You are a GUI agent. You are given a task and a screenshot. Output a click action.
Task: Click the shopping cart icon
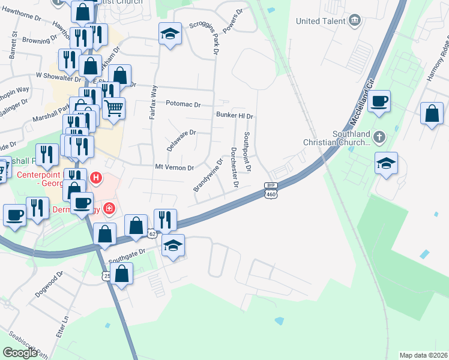click(x=113, y=109)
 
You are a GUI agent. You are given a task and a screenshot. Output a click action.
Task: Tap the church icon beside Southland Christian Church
click(x=379, y=138)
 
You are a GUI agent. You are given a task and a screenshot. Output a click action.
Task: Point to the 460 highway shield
click(x=270, y=193)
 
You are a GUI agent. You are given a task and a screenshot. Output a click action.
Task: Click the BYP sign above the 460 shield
click(x=270, y=185)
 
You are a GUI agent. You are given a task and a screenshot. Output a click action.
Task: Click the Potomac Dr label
click(x=183, y=104)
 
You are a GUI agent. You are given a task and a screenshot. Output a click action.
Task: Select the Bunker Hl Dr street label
click(x=235, y=116)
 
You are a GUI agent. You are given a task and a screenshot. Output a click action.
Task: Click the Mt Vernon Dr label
click(x=174, y=167)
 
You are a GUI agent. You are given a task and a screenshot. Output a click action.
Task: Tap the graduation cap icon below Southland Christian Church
click(x=386, y=163)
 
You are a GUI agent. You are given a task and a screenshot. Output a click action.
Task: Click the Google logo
click(x=20, y=353)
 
